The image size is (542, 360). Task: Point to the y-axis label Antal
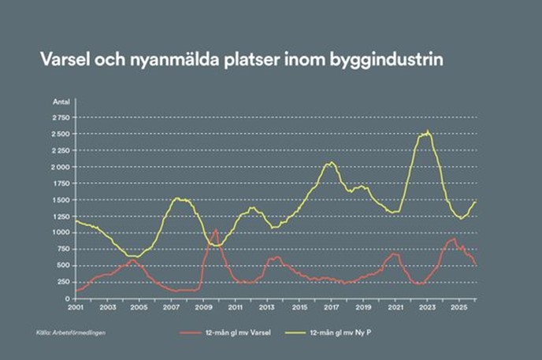click(x=61, y=102)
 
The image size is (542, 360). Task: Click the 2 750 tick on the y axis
click(x=61, y=117)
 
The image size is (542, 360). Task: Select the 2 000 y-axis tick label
click(x=61, y=167)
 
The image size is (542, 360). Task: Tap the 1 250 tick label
click(x=61, y=216)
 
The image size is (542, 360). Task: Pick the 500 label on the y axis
click(x=64, y=265)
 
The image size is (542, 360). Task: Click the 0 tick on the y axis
click(x=69, y=299)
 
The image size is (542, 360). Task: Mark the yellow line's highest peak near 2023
click(x=428, y=132)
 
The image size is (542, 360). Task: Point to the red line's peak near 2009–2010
click(x=215, y=230)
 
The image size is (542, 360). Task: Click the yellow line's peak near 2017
click(x=331, y=162)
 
